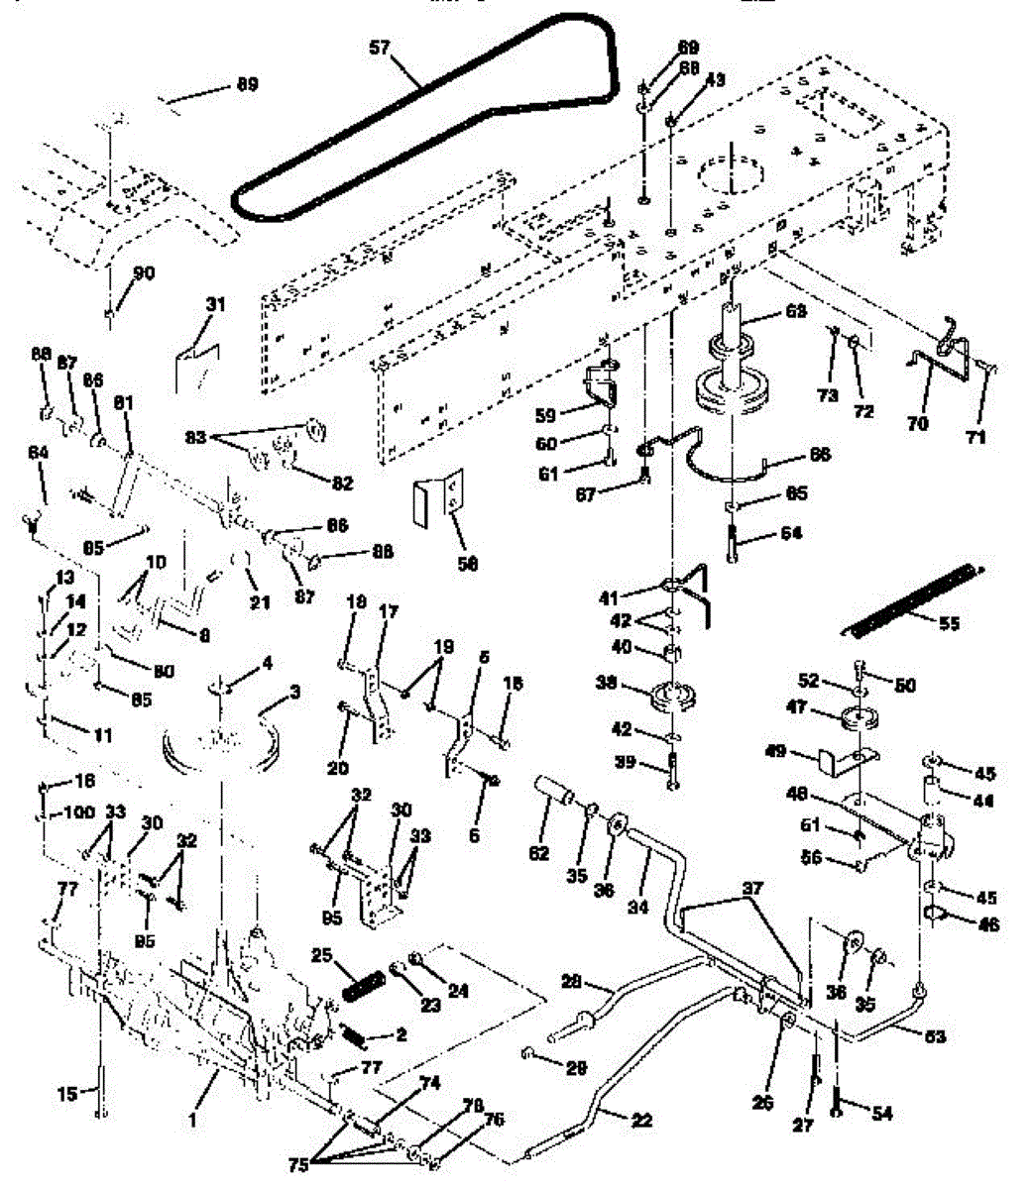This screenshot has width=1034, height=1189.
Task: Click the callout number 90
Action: click(144, 273)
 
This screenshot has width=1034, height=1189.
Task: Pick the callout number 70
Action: click(918, 424)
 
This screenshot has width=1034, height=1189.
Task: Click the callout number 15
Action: click(67, 1095)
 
